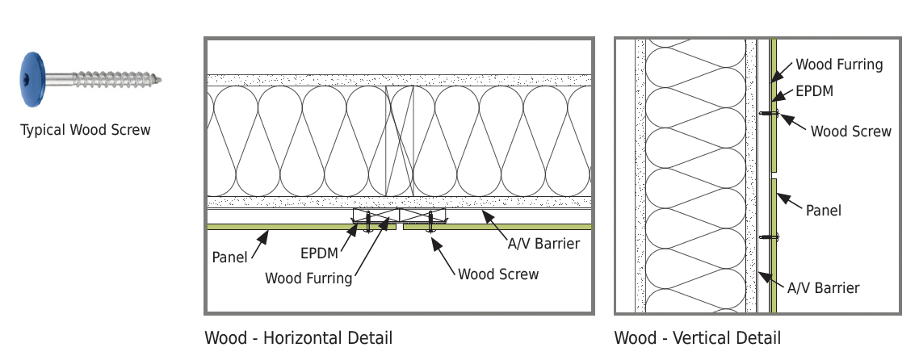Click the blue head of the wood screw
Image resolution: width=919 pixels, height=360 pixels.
pyautogui.click(x=33, y=80)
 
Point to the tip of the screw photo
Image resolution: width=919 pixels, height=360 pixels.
pyautogui.click(x=162, y=80)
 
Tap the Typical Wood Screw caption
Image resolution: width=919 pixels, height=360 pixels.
pyautogui.click(x=86, y=130)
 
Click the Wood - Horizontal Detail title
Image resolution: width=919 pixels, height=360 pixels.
pyautogui.click(x=298, y=337)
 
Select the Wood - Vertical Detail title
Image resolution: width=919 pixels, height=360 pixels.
pyautogui.click(x=698, y=337)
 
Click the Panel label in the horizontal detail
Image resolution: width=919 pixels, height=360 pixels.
pyautogui.click(x=229, y=257)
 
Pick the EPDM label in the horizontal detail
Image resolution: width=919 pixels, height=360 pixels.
pyautogui.click(x=320, y=253)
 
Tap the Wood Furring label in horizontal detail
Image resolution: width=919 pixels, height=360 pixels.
pyautogui.click(x=308, y=278)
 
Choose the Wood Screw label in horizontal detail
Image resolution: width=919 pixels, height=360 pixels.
pyautogui.click(x=498, y=274)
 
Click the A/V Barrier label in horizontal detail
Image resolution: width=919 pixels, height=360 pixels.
pyautogui.click(x=543, y=244)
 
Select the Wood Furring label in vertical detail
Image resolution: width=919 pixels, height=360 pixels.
pyautogui.click(x=839, y=65)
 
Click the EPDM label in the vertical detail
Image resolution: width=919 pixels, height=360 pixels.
pyautogui.click(x=814, y=91)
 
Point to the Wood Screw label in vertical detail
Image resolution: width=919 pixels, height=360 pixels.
pyautogui.click(x=851, y=131)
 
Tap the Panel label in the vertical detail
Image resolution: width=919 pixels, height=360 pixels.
pyautogui.click(x=824, y=211)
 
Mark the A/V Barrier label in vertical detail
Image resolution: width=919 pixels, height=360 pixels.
pyautogui.click(x=823, y=288)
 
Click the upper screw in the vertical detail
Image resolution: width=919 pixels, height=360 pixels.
pyautogui.click(x=769, y=113)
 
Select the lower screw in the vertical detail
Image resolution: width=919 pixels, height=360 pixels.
pyautogui.click(x=769, y=237)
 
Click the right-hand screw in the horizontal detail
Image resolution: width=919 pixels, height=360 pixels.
pyautogui.click(x=430, y=223)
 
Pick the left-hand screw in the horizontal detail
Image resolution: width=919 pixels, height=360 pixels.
pyautogui.click(x=368, y=223)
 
